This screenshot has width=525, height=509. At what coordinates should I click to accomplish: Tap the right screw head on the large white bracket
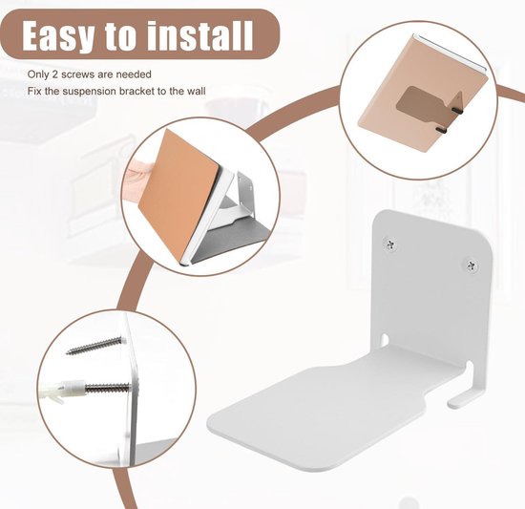tap(471, 260)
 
